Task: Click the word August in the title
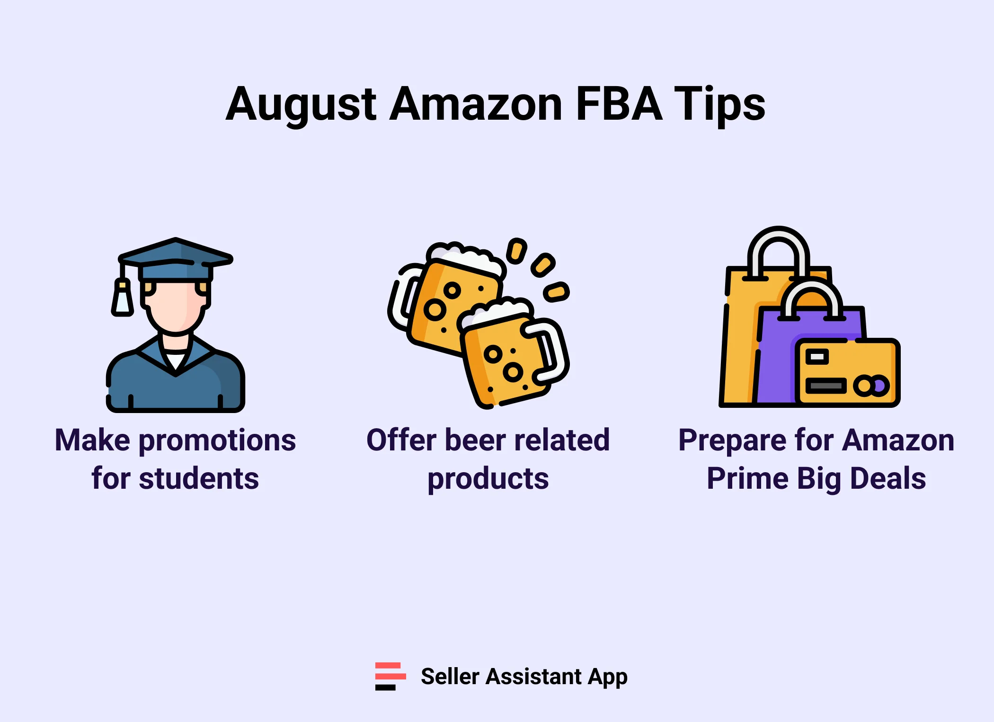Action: click(301, 105)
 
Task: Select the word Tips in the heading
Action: click(719, 105)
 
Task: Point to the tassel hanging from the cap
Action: click(123, 298)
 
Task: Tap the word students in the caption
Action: click(199, 478)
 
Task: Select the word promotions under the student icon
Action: click(217, 440)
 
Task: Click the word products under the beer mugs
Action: click(488, 479)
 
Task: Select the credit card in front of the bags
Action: click(847, 372)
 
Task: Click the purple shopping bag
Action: click(776, 360)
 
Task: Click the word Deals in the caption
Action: click(888, 478)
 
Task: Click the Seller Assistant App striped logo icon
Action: click(390, 676)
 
